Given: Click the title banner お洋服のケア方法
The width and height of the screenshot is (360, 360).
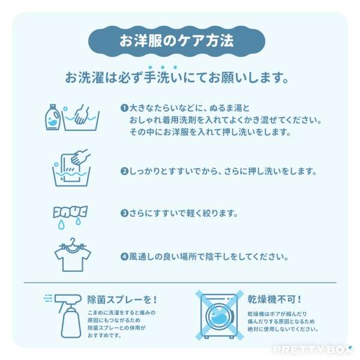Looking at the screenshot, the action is pos(176,41).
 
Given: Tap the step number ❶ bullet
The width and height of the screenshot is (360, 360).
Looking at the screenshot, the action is pos(124,108).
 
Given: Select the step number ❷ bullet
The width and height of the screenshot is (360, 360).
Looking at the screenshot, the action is pos(124,171).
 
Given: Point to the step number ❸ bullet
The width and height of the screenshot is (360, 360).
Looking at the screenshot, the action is pos(124,213).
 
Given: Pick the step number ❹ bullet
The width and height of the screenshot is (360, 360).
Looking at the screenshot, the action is pos(124,256).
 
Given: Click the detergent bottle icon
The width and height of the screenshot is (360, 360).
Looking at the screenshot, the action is pos(53,118).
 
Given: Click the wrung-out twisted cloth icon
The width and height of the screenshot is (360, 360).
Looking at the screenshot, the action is pos(70,212).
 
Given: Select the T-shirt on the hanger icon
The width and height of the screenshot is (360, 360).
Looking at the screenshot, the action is pos(73,258).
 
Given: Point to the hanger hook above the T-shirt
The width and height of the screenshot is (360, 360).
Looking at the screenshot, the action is pos(73,242).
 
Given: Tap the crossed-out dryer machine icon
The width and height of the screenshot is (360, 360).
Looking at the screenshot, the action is pos(219,316).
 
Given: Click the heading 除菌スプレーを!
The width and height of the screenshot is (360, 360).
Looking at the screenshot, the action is pos(122,299).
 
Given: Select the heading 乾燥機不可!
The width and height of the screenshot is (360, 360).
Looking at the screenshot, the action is pos(274,299).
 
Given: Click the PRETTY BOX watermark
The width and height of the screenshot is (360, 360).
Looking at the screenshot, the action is pos(312,350).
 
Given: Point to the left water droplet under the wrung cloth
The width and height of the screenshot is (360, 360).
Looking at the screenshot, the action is pos(61,225).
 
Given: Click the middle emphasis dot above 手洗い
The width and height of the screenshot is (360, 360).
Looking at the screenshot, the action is pos(163,67).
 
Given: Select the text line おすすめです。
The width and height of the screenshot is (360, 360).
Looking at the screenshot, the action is pos(104,335).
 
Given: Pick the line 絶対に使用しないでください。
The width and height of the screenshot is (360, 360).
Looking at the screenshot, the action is pos(283,329).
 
